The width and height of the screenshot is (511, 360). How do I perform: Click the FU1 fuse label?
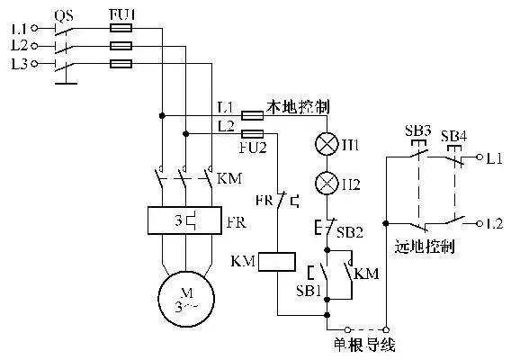pos(121,14)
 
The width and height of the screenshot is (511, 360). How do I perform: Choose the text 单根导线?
pos(364,344)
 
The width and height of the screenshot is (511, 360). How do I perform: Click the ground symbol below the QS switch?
pos(64,85)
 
